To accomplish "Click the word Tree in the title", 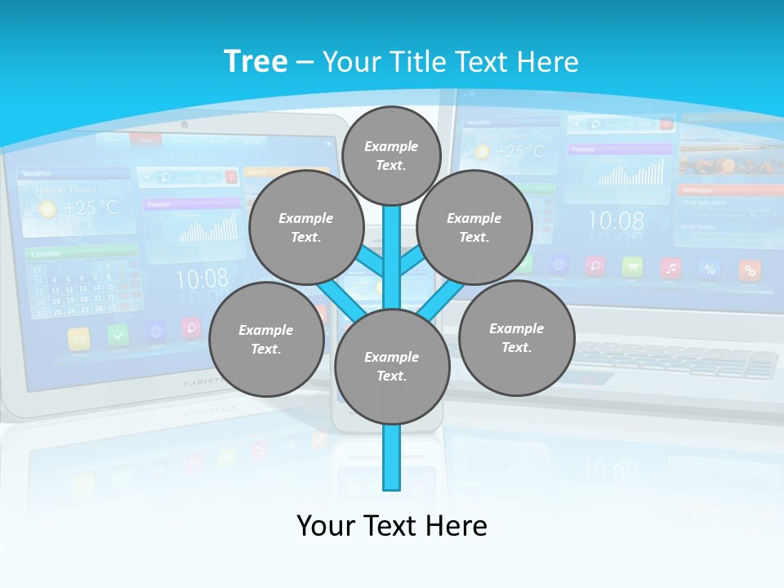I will (256, 61).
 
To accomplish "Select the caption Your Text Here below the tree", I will (391, 525).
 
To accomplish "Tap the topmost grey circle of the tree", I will (391, 155).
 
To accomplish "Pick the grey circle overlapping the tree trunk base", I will (392, 367).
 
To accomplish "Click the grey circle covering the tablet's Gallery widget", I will (306, 227).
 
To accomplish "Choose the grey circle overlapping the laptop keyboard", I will (516, 337).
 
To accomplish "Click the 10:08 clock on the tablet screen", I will (202, 279).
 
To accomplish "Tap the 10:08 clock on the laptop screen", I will (616, 220).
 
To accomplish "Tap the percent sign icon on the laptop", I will (710, 269).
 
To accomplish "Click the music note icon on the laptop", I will (671, 267).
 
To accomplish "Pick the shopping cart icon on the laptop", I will (632, 267).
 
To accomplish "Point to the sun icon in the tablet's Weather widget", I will (48, 209).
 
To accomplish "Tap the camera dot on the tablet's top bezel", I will (185, 125).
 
